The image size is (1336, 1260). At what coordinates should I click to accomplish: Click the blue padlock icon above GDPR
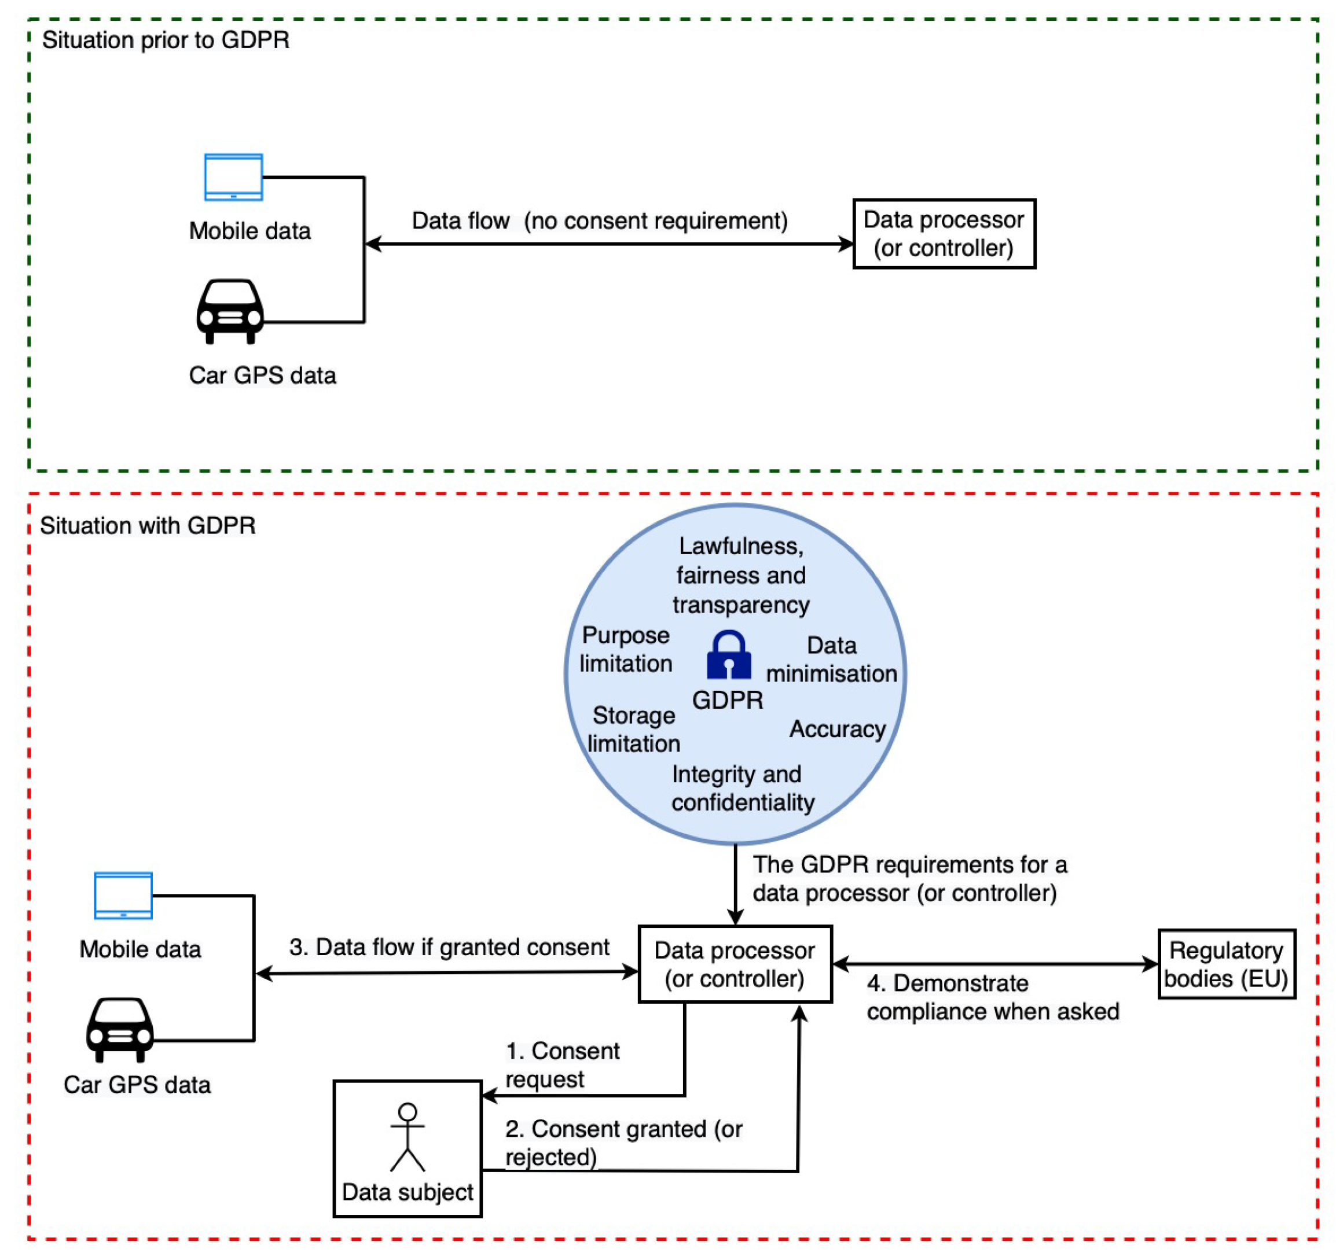pyautogui.click(x=728, y=654)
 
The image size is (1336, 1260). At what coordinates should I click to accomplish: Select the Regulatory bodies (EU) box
pyautogui.click(x=1227, y=964)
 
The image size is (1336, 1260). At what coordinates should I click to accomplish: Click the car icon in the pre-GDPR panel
pyautogui.click(x=230, y=312)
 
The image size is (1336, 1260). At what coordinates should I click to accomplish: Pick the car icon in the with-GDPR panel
pyautogui.click(x=120, y=1030)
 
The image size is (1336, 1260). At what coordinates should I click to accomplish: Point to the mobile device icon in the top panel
pyautogui.click(x=233, y=177)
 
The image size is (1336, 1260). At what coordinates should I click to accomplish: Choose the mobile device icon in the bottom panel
pyautogui.click(x=124, y=896)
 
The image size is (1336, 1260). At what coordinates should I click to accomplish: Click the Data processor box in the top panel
pyautogui.click(x=944, y=234)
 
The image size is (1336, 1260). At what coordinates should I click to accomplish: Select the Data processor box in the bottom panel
pyautogui.click(x=735, y=964)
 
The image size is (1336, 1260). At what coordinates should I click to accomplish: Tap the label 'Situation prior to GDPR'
pyautogui.click(x=166, y=40)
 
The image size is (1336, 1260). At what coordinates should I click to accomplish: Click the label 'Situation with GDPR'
pyautogui.click(x=148, y=525)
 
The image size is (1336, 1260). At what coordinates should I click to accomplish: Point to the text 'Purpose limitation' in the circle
pyautogui.click(x=626, y=649)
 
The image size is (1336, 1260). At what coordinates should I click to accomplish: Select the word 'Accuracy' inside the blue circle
pyautogui.click(x=838, y=729)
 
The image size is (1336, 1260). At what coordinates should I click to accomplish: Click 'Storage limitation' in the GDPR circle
pyautogui.click(x=634, y=730)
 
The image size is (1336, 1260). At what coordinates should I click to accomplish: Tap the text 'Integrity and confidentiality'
pyautogui.click(x=743, y=788)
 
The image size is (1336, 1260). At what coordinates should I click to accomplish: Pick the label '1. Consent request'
pyautogui.click(x=563, y=1064)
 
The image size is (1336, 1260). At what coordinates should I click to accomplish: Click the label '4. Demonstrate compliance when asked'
pyautogui.click(x=993, y=997)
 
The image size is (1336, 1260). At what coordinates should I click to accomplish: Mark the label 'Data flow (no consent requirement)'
pyautogui.click(x=600, y=221)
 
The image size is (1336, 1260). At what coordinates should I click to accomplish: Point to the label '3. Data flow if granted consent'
pyautogui.click(x=449, y=947)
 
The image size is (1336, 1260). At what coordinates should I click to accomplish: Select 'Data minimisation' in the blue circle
pyautogui.click(x=831, y=659)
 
